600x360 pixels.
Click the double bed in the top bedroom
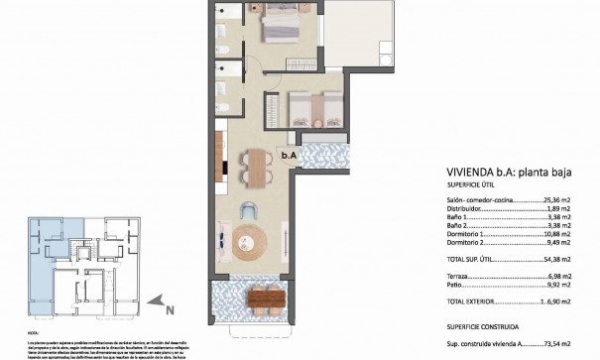284,25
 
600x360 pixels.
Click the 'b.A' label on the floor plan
289,154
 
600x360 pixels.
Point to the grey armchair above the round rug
251,209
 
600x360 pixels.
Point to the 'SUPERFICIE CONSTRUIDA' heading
485,324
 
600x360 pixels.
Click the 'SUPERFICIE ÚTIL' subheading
470,183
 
